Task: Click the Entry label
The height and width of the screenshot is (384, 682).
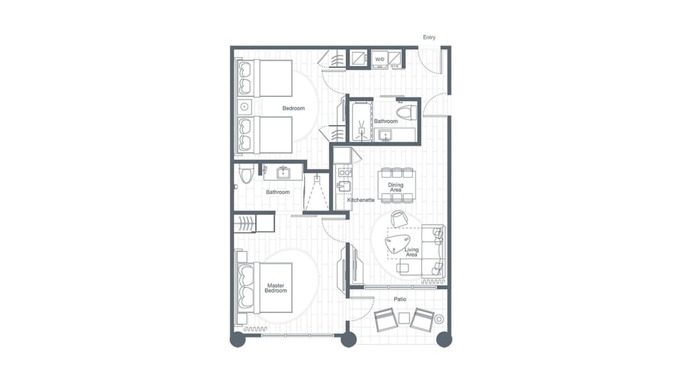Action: pyautogui.click(x=429, y=38)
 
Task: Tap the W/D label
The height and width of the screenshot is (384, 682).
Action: pyautogui.click(x=379, y=59)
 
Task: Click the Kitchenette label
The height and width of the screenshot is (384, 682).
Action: pyautogui.click(x=360, y=200)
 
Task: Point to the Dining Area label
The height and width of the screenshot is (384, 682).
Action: pyautogui.click(x=396, y=188)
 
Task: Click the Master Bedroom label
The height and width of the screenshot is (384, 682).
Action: pyautogui.click(x=276, y=288)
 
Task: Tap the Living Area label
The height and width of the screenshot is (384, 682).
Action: pyautogui.click(x=411, y=252)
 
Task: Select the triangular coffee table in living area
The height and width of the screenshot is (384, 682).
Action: pyautogui.click(x=395, y=243)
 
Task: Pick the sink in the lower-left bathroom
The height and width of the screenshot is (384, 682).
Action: pyautogui.click(x=283, y=171)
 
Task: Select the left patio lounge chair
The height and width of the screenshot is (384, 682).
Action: pyautogui.click(x=387, y=321)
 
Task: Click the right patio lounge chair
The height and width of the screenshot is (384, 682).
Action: pyautogui.click(x=423, y=320)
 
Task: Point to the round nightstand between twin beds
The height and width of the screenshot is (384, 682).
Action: pyautogui.click(x=244, y=107)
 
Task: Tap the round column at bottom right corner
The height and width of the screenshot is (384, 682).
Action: pyautogui.click(x=443, y=340)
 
